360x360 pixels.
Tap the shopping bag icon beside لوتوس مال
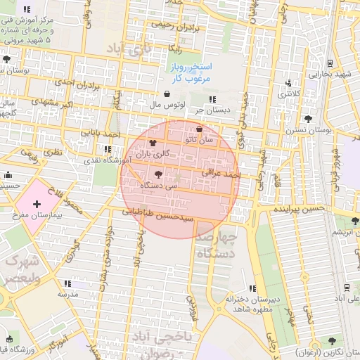[x=167, y=94]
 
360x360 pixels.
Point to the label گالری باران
[x=153, y=153]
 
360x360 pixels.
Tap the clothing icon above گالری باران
[x=153, y=143]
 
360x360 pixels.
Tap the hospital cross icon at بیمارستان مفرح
[x=37, y=203]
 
